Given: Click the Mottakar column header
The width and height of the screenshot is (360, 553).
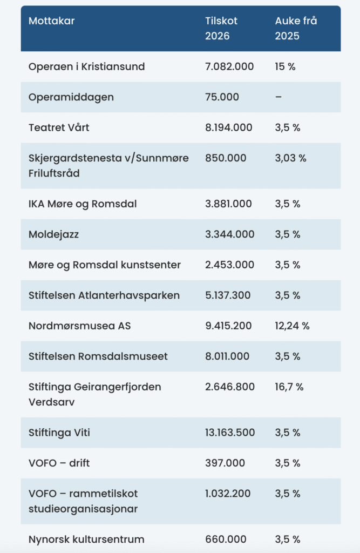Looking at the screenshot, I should click(x=52, y=21).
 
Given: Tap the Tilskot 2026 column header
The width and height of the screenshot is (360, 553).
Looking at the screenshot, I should click(x=221, y=29).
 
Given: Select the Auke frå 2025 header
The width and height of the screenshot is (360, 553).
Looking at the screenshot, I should click(x=296, y=29).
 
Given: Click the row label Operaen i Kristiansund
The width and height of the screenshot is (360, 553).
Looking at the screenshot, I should click(x=87, y=66).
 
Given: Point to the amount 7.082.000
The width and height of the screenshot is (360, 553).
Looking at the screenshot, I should click(x=230, y=66).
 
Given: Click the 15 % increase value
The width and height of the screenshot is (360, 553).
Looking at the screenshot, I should click(x=286, y=66).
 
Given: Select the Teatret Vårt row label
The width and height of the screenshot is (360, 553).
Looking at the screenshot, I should click(x=59, y=127).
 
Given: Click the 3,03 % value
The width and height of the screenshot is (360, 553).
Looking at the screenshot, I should click(x=290, y=158).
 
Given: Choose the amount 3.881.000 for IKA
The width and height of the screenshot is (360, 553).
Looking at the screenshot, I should click(x=230, y=204).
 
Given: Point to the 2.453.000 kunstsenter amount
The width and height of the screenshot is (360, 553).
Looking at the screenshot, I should click(x=230, y=265).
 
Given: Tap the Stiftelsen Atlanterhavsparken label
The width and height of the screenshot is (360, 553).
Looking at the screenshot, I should click(x=104, y=295).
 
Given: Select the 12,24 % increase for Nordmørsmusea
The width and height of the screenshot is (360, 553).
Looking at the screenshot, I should click(x=292, y=326).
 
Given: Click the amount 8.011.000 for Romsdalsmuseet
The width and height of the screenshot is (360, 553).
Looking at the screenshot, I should click(x=227, y=356).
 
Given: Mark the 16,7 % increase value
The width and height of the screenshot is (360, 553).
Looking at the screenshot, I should click(x=289, y=387).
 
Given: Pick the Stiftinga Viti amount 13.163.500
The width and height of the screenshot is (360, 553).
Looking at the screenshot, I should click(x=230, y=433).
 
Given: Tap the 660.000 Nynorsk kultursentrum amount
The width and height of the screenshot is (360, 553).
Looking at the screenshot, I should click(x=226, y=539).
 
